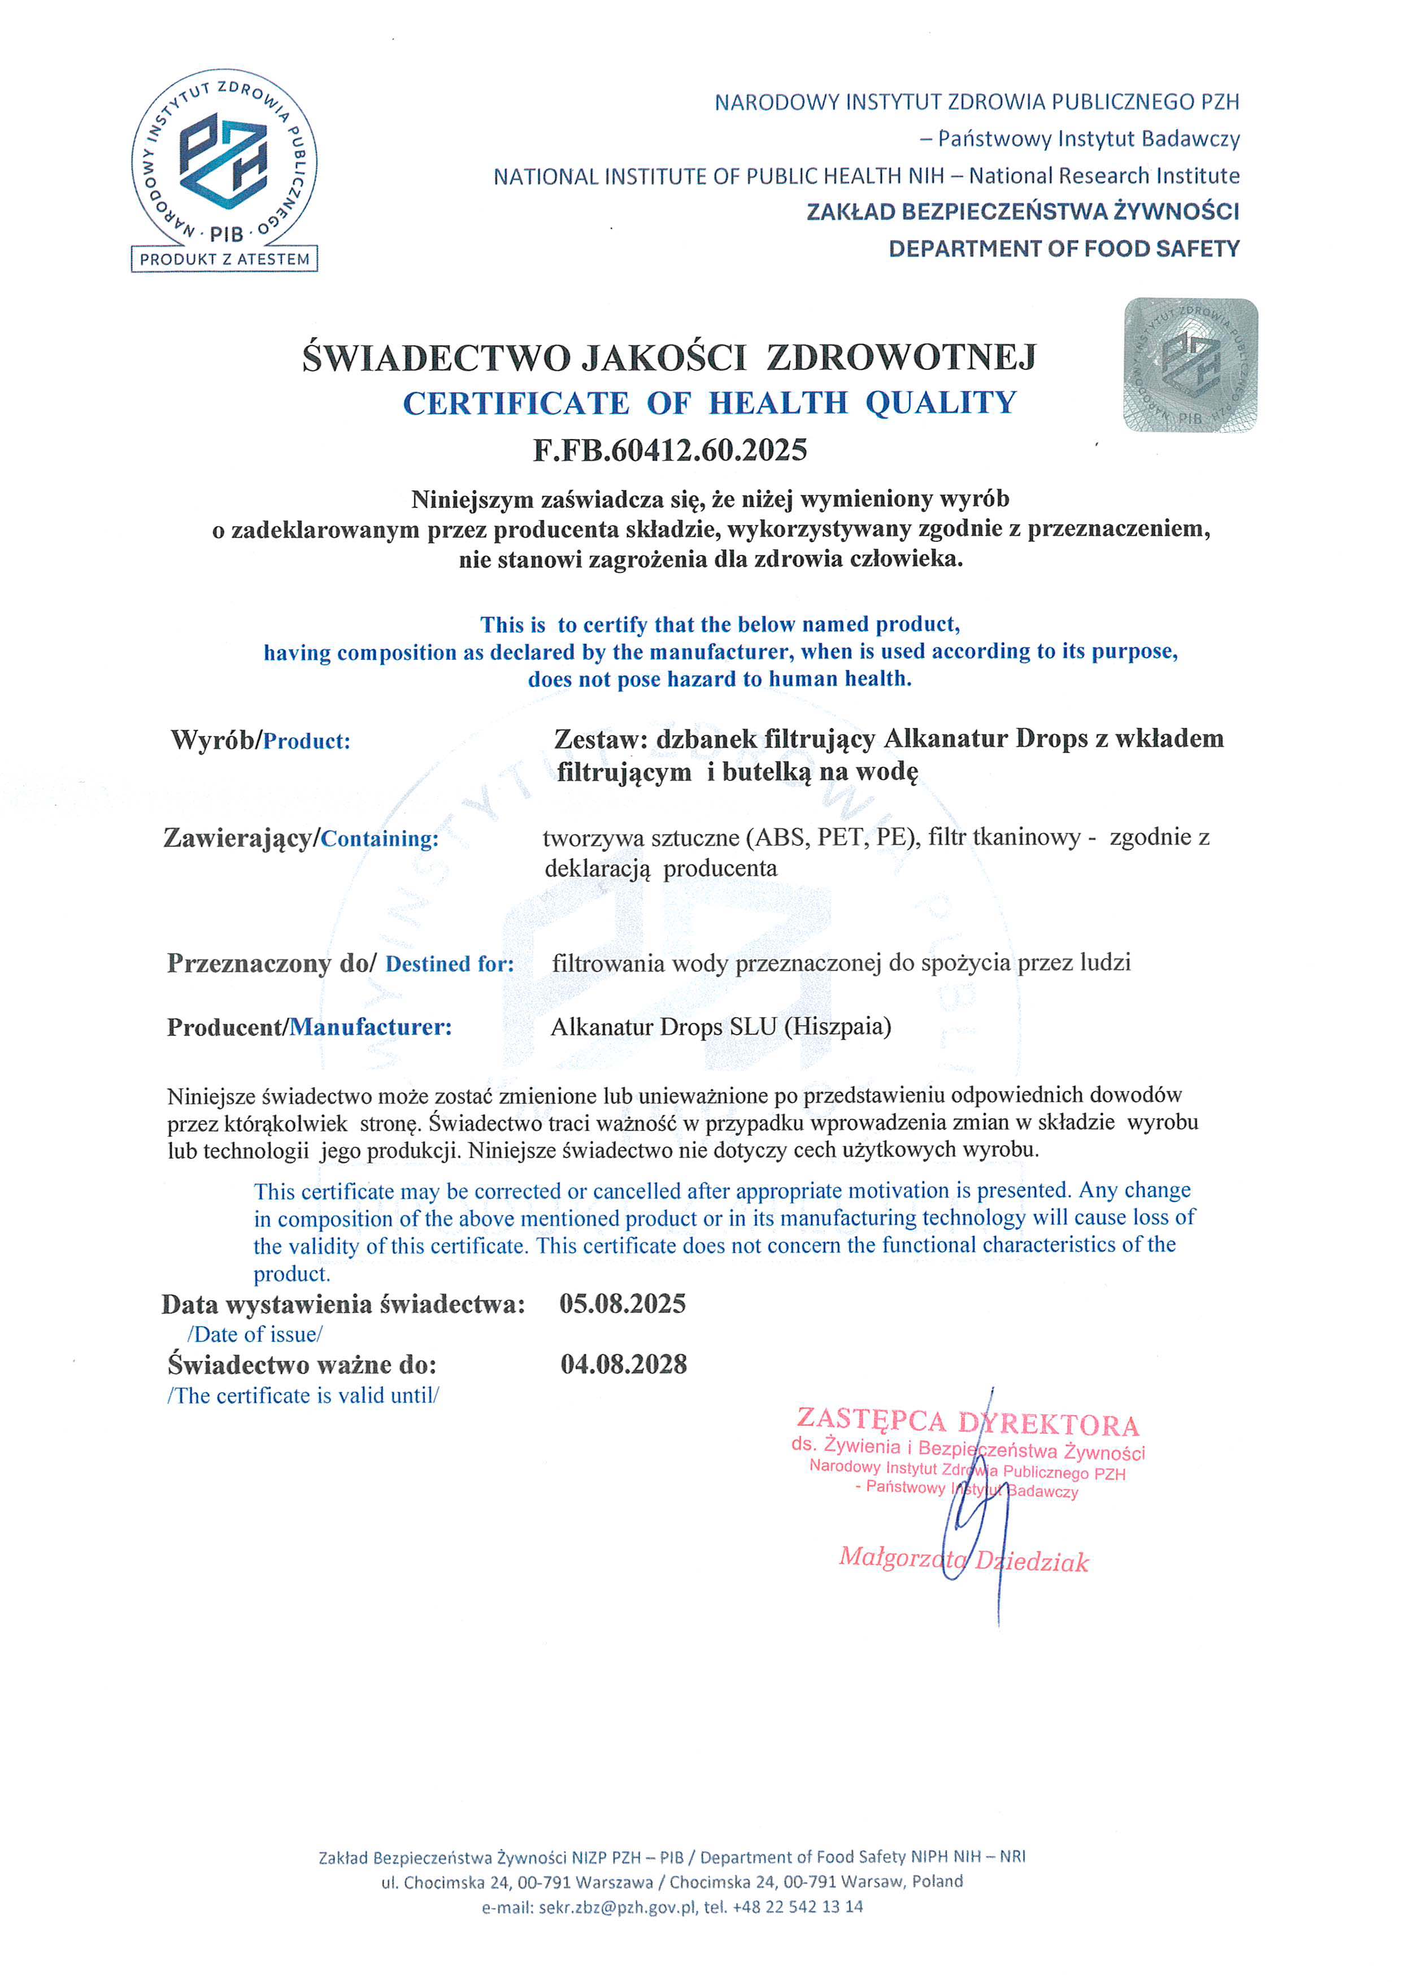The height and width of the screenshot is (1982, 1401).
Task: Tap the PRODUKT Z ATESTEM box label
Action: (224, 259)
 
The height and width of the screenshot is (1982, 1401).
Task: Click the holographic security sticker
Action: (1190, 364)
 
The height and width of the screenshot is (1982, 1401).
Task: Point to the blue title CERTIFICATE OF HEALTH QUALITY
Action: (710, 403)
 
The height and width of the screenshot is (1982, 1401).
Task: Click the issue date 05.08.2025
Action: (623, 1303)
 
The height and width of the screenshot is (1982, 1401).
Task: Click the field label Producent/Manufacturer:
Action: (309, 1027)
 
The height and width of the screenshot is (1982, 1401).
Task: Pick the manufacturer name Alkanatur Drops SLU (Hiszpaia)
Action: (721, 1027)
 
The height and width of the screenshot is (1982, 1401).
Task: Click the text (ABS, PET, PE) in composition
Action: (830, 837)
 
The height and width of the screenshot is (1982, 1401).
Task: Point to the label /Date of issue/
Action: (255, 1335)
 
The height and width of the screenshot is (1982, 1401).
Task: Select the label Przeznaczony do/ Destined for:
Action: (340, 963)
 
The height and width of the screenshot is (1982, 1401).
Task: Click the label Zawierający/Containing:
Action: (301, 838)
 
